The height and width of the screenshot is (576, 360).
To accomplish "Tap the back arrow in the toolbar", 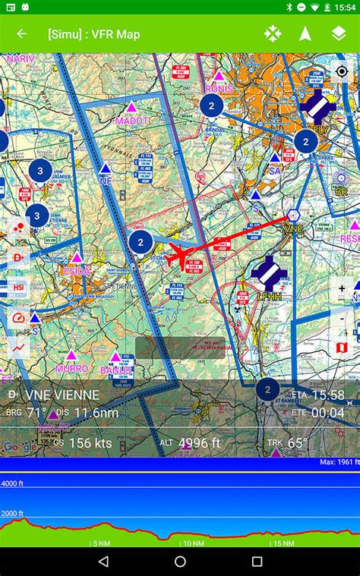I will pos(21,34).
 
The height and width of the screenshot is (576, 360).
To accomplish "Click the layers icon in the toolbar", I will pos(339,34).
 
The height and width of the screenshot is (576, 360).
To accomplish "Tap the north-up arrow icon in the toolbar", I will pos(305,34).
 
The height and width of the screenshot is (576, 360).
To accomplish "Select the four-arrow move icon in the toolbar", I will pos(272,34).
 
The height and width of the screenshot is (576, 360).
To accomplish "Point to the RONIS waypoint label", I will pos(219,88).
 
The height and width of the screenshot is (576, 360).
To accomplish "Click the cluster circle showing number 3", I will pos(39,170).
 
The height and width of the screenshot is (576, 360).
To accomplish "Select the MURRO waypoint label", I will pos(71,369).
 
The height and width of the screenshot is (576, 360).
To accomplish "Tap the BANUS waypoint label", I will pos(116,370).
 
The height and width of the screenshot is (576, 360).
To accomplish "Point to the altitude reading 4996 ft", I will pos(200,443).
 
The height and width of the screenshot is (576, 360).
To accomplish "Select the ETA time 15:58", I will pos(327,395).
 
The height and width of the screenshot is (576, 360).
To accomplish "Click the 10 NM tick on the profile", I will pos(192,543).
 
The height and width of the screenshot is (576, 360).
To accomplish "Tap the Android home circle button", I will pos(180,562).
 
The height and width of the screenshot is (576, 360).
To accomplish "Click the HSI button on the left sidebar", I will pos(19,288).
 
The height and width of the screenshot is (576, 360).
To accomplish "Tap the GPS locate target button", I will pos(342,71).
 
